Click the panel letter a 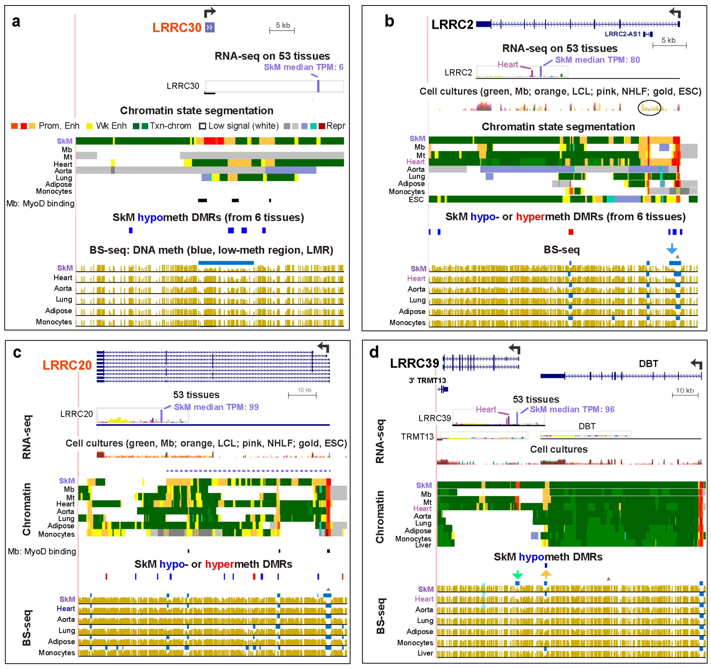coord(16,21)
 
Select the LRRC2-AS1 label coord(623,34)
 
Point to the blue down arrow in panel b coord(672,249)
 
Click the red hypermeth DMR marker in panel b coord(571,232)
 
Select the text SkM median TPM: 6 coord(303,67)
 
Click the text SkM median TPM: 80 coord(597,60)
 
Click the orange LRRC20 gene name coord(67,365)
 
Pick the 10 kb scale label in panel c coord(304,390)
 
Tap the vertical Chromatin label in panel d coord(380,517)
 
